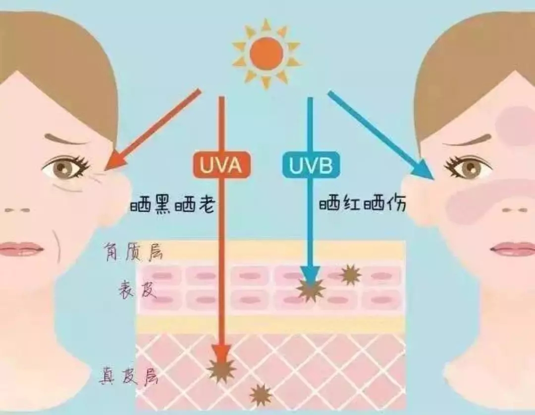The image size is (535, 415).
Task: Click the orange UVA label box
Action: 221,165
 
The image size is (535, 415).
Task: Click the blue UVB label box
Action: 311,165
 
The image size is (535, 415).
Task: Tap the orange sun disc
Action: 266,53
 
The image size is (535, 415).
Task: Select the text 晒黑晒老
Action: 173,205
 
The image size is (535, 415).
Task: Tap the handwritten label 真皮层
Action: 129,375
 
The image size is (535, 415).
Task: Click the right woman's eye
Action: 468,167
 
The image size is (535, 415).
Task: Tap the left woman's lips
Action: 20,249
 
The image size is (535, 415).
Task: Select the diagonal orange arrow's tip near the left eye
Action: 105,169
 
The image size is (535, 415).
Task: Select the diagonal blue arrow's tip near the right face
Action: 434,179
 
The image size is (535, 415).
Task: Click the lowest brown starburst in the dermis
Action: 261,395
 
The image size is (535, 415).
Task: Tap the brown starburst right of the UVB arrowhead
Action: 350,274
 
